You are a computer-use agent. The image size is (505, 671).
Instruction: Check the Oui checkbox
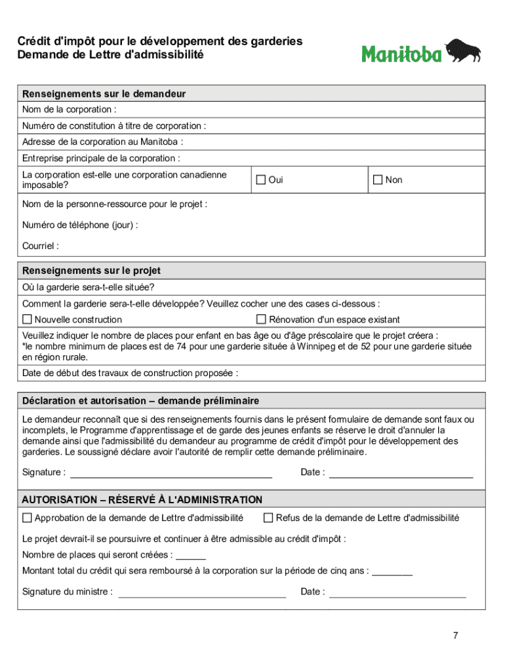(x=260, y=180)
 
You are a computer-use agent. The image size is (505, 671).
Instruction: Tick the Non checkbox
(x=377, y=180)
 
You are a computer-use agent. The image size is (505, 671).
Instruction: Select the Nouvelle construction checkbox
(x=27, y=319)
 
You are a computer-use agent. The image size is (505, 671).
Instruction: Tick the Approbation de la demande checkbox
(x=27, y=518)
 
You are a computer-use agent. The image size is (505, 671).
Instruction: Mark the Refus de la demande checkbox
(x=268, y=518)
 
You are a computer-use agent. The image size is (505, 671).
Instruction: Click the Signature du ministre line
(x=201, y=592)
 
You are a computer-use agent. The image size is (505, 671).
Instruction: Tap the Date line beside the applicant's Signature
(x=400, y=473)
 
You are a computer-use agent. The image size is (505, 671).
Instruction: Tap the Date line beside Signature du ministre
(x=397, y=592)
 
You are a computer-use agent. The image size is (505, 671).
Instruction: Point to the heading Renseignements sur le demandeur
(x=104, y=94)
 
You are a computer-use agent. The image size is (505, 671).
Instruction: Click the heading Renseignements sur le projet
(x=91, y=271)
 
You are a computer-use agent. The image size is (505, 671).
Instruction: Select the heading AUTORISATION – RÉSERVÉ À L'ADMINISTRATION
(x=142, y=499)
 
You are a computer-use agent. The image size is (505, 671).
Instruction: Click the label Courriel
(x=40, y=246)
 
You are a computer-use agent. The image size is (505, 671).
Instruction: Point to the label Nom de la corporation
(x=69, y=109)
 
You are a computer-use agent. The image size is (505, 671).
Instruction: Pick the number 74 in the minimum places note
(x=171, y=347)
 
